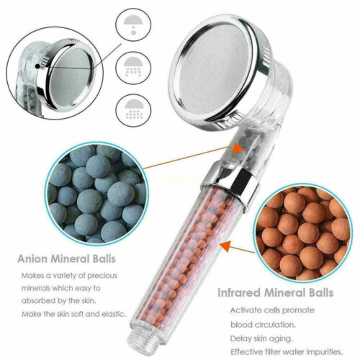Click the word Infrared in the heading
coord(239,293)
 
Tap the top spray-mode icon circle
coord(133,24)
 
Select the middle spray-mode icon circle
coord(133,67)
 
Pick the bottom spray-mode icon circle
coord(133,110)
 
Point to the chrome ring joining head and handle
coord(229,183)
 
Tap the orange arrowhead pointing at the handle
coord(226,246)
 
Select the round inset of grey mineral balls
coord(96,194)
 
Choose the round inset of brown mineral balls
coord(303,233)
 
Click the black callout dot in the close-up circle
coord(37,66)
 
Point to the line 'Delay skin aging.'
coord(261,339)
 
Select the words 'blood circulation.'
coord(263,325)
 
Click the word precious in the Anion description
coord(102,276)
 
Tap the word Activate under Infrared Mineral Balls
coord(246,310)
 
